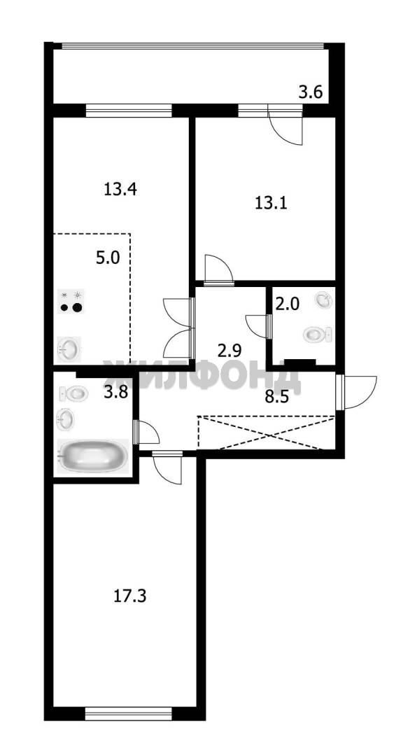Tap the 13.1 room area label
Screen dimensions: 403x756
click(x=271, y=203)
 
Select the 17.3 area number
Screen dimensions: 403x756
click(x=129, y=596)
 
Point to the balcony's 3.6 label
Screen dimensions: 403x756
click(x=311, y=92)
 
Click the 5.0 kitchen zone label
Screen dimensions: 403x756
click(x=108, y=258)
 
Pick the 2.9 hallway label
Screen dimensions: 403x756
click(x=229, y=350)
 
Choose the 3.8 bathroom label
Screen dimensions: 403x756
click(x=116, y=393)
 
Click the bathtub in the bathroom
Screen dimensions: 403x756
click(x=94, y=456)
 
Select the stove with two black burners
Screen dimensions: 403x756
click(x=71, y=301)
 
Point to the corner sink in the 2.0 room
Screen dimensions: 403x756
click(x=323, y=300)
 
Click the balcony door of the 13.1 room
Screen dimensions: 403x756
click(x=285, y=126)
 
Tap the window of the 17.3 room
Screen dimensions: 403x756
click(x=128, y=713)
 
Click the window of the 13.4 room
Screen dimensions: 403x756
click(x=129, y=111)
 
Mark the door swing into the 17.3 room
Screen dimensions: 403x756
click(x=168, y=469)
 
